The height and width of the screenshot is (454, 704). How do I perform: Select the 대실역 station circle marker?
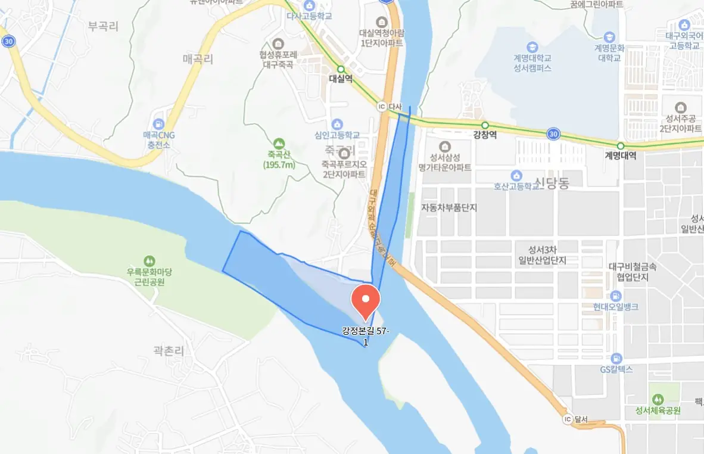tap(341, 69)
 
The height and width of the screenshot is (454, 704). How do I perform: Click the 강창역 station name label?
tap(484, 135)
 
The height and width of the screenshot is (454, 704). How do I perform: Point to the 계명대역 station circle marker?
tap(620, 146)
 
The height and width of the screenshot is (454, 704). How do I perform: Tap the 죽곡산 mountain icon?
tap(278, 144)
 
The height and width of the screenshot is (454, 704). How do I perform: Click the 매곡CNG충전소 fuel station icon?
tap(158, 124)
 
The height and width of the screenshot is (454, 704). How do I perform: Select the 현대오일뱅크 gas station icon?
tap(615, 296)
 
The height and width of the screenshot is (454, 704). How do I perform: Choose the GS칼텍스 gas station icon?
tap(615, 359)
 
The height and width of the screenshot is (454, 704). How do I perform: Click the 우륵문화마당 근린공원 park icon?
tap(148, 261)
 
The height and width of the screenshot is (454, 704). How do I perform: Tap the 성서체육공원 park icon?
tap(658, 399)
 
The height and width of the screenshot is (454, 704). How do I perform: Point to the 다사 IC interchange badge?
tap(382, 105)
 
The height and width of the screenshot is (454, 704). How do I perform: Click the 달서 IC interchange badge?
tap(568, 419)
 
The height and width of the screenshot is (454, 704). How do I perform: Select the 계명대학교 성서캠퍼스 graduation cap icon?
tap(532, 47)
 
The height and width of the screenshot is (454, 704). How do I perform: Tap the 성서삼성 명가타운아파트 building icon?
tap(444, 147)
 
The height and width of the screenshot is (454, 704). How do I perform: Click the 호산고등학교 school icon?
tap(516, 175)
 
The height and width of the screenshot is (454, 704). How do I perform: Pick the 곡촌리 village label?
tap(169, 351)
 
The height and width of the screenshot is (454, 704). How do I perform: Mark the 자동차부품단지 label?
tap(449, 208)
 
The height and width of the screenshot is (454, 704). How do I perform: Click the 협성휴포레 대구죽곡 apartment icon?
tap(277, 43)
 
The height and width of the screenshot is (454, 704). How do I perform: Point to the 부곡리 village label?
tap(103, 26)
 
